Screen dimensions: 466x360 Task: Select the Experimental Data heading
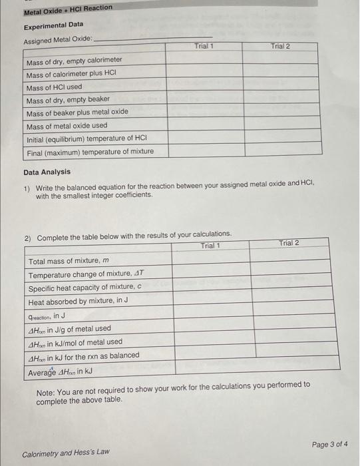coord(54,25)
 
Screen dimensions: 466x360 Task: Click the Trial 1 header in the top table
coord(204,47)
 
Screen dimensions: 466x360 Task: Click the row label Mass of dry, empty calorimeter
coord(74,61)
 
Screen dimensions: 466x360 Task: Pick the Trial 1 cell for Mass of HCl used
coord(204,87)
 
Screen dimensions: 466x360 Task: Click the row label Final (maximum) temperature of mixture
coord(90,152)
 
